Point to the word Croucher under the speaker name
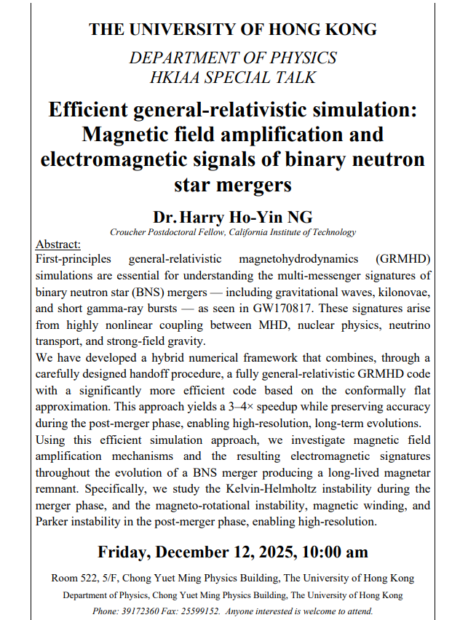(128, 232)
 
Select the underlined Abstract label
(58, 245)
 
